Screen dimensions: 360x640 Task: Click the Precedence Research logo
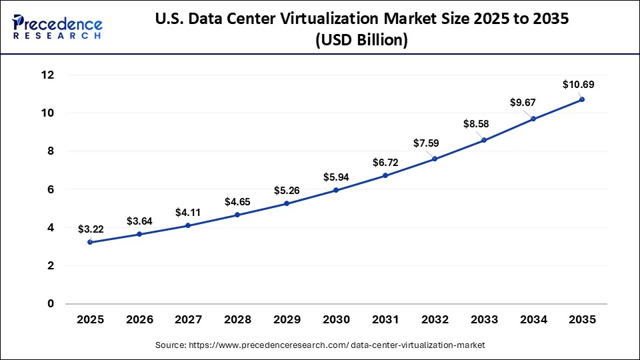(57, 26)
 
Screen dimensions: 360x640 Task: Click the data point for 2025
(90, 242)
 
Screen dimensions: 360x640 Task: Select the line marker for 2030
(336, 190)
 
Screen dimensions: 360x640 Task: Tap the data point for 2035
(582, 99)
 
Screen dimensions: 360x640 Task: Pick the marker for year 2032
(435, 159)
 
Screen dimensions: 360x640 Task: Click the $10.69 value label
(578, 85)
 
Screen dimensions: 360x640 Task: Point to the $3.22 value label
(91, 229)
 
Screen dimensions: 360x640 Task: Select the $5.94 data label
(336, 177)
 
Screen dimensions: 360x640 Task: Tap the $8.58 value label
(483, 124)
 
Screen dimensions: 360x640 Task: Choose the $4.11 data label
(189, 213)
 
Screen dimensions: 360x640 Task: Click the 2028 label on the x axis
(237, 320)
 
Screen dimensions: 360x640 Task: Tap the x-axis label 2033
(483, 320)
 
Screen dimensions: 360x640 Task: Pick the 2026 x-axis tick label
(139, 320)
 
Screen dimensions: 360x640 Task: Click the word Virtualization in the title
(377, 19)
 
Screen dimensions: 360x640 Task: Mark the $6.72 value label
(385, 162)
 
